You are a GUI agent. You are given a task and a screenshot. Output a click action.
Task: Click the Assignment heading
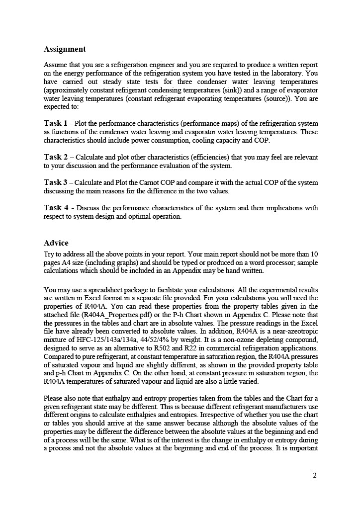point(65,49)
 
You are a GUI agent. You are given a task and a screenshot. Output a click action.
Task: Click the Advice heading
point(56,243)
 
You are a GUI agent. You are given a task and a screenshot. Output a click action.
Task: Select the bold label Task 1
point(56,123)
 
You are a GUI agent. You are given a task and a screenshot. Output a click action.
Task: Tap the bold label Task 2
point(56,157)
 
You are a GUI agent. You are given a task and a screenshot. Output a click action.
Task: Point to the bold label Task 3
point(56,182)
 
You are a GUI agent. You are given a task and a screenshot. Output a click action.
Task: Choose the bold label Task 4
point(56,208)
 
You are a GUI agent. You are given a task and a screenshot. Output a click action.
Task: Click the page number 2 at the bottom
point(315,475)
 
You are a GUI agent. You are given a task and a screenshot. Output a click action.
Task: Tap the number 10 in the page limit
point(314,254)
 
